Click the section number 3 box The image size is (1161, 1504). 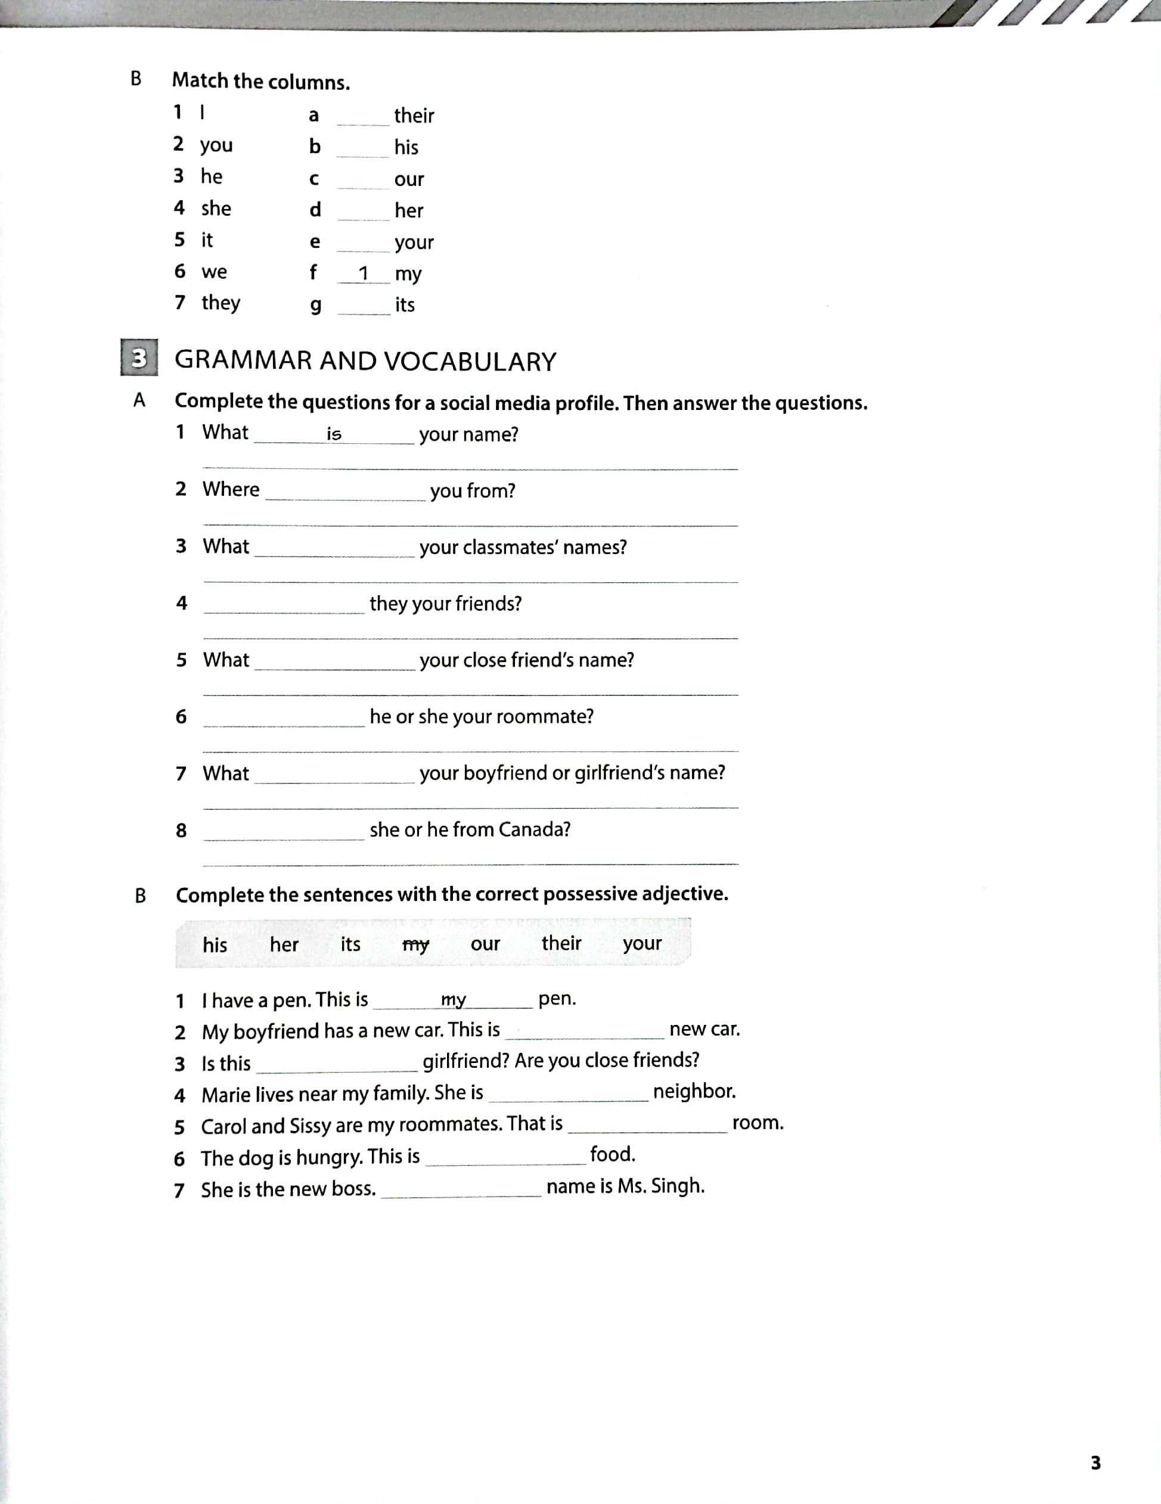[x=139, y=358]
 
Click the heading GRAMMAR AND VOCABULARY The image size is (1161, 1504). [x=365, y=362]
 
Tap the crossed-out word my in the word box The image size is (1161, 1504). [x=415, y=945]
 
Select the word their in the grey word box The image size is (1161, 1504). [x=561, y=943]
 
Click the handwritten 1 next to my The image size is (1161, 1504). [x=364, y=274]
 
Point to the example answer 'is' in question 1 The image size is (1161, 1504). [x=334, y=434]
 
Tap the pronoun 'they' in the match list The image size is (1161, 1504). [x=221, y=302]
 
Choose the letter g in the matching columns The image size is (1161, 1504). [x=315, y=305]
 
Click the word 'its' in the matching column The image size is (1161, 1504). [x=405, y=304]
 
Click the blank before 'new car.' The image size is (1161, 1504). [x=585, y=1031]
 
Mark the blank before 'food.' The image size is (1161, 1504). [x=505, y=1158]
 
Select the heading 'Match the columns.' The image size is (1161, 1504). [x=261, y=81]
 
